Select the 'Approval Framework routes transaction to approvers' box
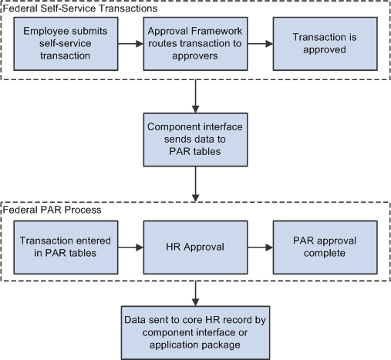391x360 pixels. [196, 45]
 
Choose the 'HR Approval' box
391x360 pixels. [196, 247]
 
